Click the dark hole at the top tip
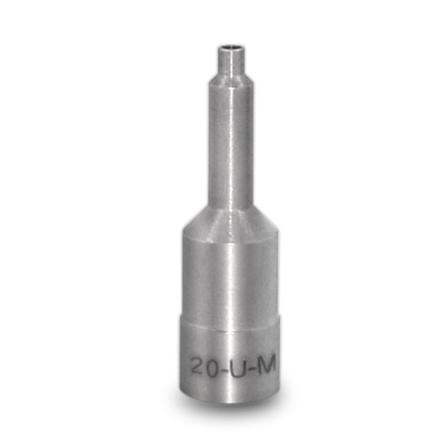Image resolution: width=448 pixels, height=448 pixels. [x=231, y=46]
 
